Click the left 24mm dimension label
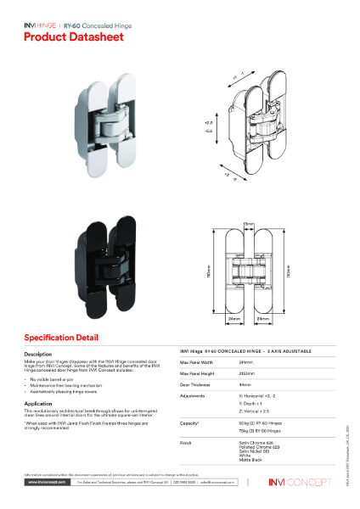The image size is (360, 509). click(x=233, y=319)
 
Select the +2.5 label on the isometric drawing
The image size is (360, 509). click(x=207, y=124)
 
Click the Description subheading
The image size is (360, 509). click(x=38, y=353)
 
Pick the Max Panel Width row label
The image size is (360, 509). click(x=198, y=361)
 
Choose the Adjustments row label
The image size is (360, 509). click(x=193, y=395)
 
